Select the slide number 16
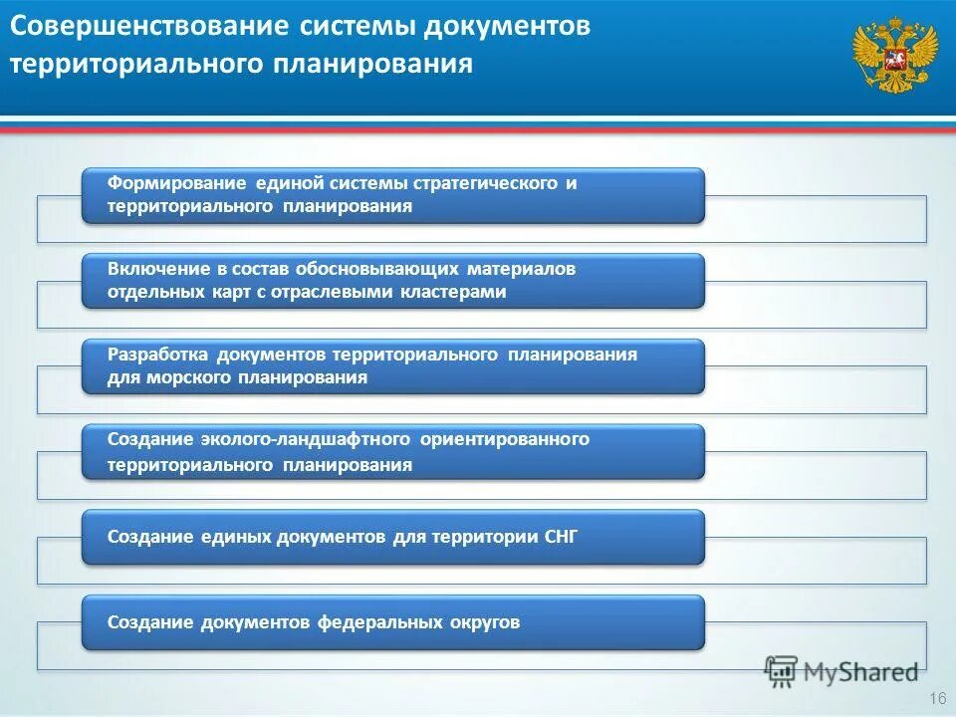(x=935, y=696)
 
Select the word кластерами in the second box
(x=453, y=292)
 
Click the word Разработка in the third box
(x=160, y=355)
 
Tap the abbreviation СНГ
(x=561, y=537)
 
